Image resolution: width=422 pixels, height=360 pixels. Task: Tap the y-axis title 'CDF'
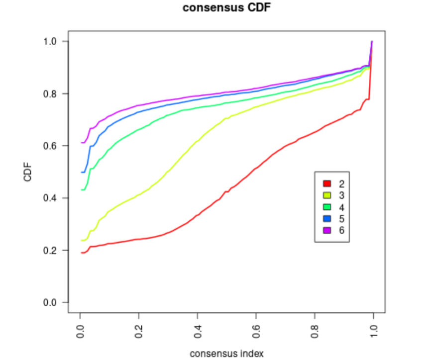click(x=28, y=172)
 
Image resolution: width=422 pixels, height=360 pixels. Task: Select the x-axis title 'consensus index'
click(x=226, y=354)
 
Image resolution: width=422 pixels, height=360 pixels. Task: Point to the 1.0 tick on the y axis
click(x=50, y=41)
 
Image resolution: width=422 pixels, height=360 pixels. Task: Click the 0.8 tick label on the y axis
click(x=50, y=93)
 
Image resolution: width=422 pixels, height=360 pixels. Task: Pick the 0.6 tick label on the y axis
click(x=50, y=146)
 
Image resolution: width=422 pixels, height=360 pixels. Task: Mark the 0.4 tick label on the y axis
click(x=50, y=198)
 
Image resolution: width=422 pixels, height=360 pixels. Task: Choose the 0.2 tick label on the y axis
click(x=50, y=250)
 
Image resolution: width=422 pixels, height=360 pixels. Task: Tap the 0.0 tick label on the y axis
click(x=50, y=302)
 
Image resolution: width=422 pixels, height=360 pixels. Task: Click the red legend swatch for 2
click(x=327, y=184)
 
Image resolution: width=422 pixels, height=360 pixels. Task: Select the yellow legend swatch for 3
click(x=327, y=195)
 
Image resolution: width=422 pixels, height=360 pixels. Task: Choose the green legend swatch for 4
click(x=327, y=207)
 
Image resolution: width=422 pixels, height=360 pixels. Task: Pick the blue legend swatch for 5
click(x=327, y=219)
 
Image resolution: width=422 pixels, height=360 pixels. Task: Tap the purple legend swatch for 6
click(x=327, y=230)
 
